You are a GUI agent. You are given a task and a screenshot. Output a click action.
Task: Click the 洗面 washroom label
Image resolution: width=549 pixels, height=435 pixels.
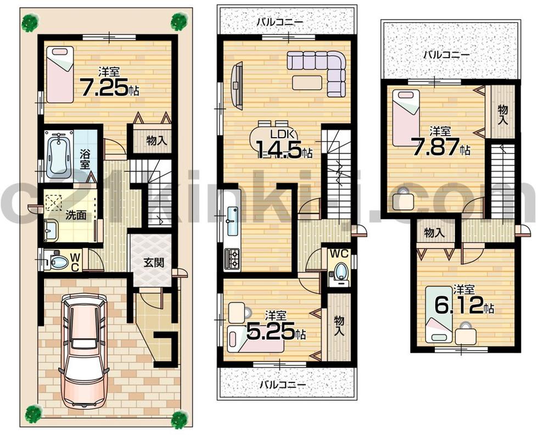[77, 215]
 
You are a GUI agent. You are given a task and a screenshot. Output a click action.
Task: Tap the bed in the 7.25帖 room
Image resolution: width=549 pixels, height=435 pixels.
[60, 74]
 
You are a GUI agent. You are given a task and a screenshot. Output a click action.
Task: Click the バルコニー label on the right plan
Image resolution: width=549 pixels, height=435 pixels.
[446, 55]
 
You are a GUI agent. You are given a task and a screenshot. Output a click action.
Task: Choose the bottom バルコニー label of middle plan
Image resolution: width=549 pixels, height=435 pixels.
[282, 384]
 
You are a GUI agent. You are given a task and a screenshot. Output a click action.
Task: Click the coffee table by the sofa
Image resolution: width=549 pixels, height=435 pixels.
[307, 82]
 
